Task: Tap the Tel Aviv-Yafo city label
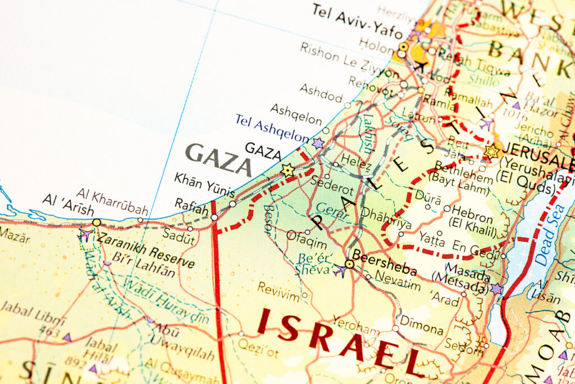357,21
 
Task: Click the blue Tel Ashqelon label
272,128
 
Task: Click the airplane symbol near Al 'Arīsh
85,234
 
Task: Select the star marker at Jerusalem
491,151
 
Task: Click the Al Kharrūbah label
112,202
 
